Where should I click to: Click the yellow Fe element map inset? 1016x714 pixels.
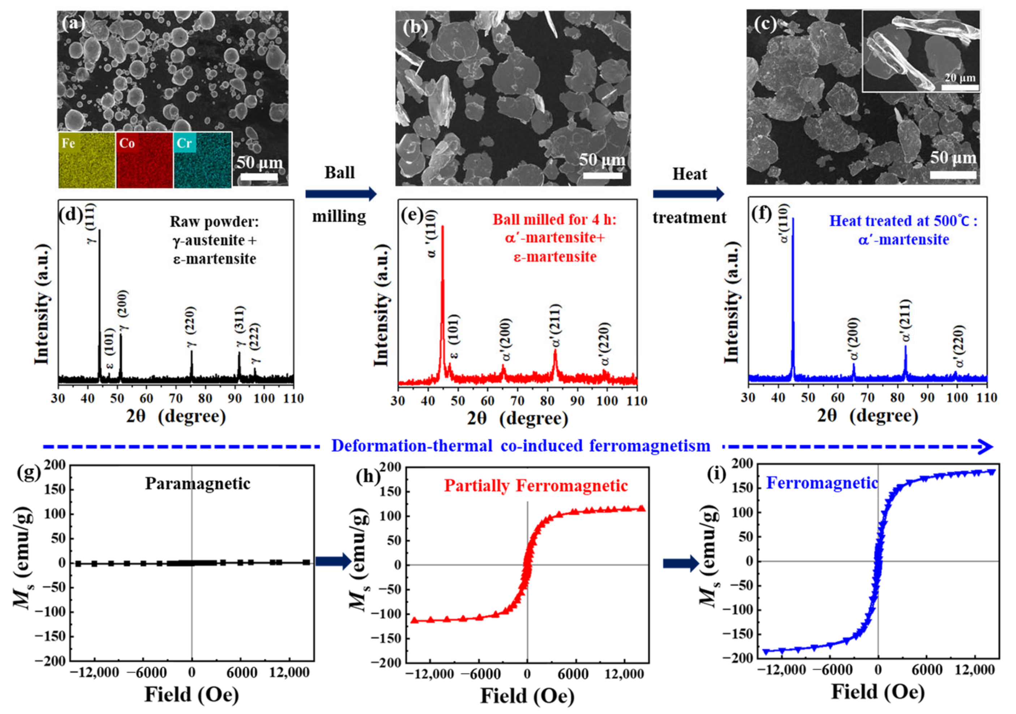(x=87, y=160)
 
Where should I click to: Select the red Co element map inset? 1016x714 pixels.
(x=144, y=160)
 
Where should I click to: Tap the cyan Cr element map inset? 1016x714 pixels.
(x=203, y=160)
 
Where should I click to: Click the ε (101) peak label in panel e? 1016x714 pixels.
(x=454, y=336)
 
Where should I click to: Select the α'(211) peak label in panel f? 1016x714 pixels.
(x=905, y=321)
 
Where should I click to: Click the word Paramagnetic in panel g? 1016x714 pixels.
(x=197, y=483)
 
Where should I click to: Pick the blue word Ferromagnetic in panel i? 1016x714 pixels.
(x=822, y=483)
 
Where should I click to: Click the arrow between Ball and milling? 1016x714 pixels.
(x=341, y=194)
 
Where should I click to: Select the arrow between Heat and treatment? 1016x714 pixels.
(x=689, y=194)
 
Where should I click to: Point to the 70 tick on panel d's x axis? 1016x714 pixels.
(x=176, y=398)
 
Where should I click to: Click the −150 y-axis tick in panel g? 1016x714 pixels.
(x=53, y=637)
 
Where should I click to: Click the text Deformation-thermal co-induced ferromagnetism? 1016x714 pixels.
(x=520, y=446)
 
